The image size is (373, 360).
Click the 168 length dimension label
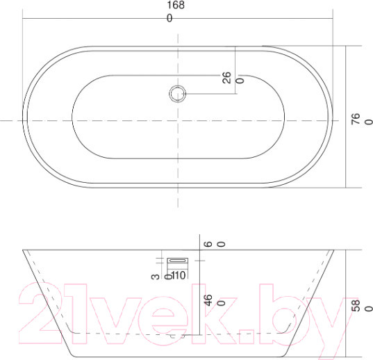176,5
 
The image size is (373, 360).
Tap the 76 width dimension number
356,119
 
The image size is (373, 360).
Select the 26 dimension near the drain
226,78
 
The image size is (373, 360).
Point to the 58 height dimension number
356,306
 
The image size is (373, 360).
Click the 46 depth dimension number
208,300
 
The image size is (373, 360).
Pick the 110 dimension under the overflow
179,275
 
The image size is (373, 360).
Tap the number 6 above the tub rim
208,244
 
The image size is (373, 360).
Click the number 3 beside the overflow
156,277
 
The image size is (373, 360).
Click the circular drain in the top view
177,94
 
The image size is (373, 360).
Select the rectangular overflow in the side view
177,261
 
